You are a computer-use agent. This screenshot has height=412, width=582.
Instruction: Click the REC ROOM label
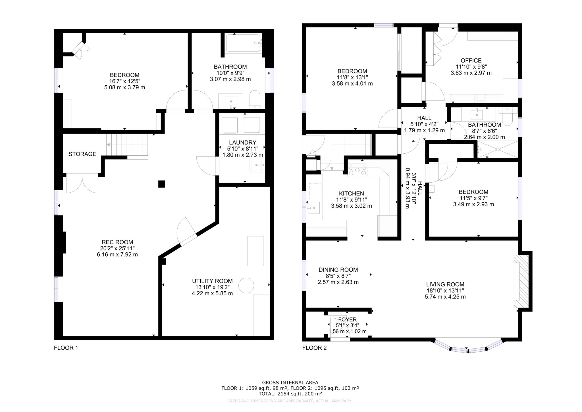(x=117, y=242)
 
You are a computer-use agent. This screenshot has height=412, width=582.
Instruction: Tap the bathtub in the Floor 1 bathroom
(x=244, y=43)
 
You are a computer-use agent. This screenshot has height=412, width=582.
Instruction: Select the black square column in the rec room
(x=161, y=184)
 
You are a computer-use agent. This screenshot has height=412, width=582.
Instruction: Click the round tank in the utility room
(x=246, y=285)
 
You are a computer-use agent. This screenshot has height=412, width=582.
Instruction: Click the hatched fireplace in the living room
(x=521, y=285)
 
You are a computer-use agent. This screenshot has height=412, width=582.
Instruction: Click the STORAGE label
(x=82, y=154)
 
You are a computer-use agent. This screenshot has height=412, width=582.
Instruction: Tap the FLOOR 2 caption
(x=314, y=348)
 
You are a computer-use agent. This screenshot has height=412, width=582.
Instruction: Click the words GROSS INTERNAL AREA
(x=290, y=383)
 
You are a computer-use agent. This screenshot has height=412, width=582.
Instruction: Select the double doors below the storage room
(x=82, y=184)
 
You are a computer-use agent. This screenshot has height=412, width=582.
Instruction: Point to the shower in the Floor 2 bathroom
(x=497, y=149)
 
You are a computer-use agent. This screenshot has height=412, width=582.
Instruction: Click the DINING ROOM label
(x=338, y=270)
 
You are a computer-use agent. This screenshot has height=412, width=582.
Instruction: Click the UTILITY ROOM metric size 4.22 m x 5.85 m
(x=212, y=293)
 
